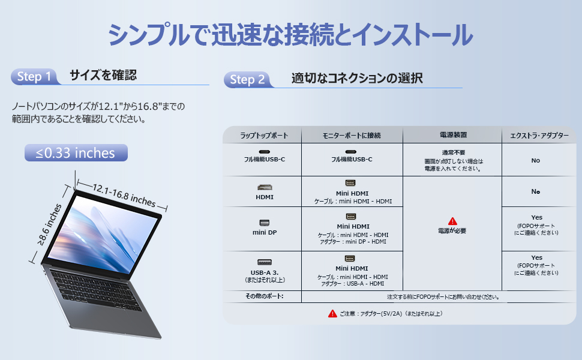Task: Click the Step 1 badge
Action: [35, 77]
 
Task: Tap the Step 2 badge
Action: [247, 80]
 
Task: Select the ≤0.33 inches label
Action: [76, 153]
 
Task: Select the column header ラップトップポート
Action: [261, 136]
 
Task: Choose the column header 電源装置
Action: [452, 136]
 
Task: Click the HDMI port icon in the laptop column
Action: [264, 187]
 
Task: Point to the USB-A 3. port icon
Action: [264, 262]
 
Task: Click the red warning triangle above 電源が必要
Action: [452, 221]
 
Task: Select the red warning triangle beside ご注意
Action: [332, 313]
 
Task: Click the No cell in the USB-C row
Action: [535, 160]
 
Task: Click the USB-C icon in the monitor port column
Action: [352, 152]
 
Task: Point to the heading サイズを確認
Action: [103, 75]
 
